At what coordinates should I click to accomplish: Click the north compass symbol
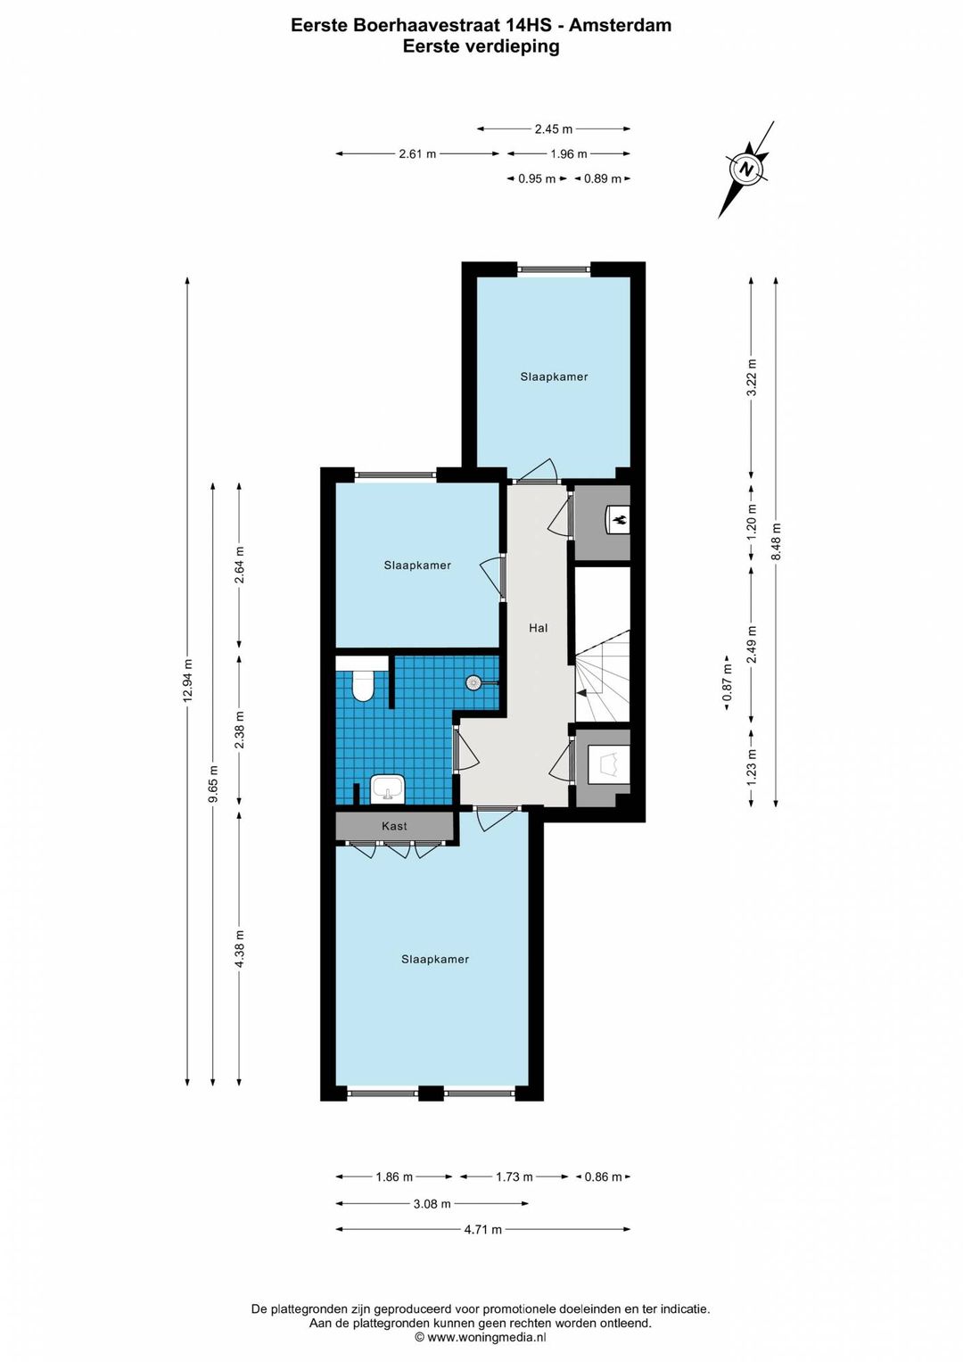tap(745, 169)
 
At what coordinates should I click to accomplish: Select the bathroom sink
tap(388, 788)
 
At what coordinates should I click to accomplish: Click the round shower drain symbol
tap(473, 683)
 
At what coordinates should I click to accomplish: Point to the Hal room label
tap(538, 628)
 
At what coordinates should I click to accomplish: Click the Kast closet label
tap(394, 826)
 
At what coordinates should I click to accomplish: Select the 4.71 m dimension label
tap(483, 1229)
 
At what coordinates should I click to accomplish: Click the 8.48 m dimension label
tap(775, 542)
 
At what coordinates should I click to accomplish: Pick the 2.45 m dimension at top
tap(554, 129)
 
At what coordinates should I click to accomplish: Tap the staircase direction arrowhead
tap(581, 692)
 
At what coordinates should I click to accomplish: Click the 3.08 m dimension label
tap(432, 1203)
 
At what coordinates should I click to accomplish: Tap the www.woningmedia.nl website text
tap(487, 1337)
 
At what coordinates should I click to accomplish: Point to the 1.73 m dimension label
tap(514, 1176)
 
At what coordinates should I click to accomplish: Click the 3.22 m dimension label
tap(752, 377)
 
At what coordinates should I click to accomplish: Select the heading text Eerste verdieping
tap(481, 46)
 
